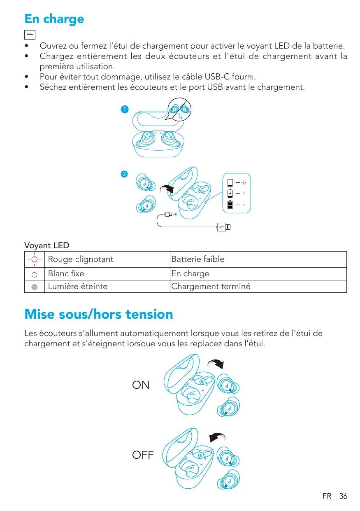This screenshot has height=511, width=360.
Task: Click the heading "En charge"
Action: click(54, 19)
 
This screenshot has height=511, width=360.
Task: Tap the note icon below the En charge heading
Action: click(30, 35)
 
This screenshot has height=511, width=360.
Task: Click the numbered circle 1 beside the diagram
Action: click(124, 110)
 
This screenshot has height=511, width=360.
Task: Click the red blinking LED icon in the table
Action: click(35, 259)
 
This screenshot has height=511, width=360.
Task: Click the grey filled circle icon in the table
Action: click(35, 287)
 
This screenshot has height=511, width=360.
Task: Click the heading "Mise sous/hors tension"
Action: click(99, 315)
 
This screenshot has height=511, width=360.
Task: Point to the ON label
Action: click(141, 385)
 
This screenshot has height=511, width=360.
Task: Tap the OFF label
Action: click(143, 455)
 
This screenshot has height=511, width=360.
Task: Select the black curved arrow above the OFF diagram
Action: click(217, 438)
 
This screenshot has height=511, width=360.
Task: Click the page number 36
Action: click(343, 496)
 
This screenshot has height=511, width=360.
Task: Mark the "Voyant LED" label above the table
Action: click(47, 246)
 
